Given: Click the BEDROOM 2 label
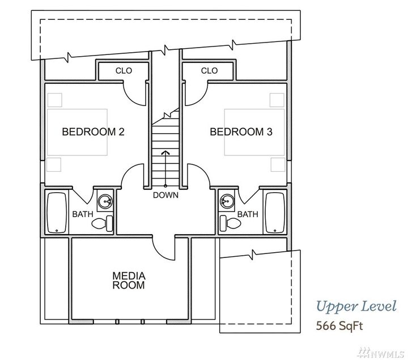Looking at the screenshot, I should (93, 132).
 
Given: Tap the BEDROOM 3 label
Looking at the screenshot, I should (241, 132).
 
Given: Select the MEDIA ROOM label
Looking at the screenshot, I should (129, 281).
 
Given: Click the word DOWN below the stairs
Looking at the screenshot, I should (165, 195).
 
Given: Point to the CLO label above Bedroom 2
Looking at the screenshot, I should (124, 71).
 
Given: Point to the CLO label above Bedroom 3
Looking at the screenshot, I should (209, 71).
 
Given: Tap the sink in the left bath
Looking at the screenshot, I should (105, 201).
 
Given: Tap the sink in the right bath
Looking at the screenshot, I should (227, 201).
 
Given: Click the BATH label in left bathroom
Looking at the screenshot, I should (82, 214).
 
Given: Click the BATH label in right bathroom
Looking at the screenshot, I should (248, 214).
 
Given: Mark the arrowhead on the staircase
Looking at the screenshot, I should (165, 153).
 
